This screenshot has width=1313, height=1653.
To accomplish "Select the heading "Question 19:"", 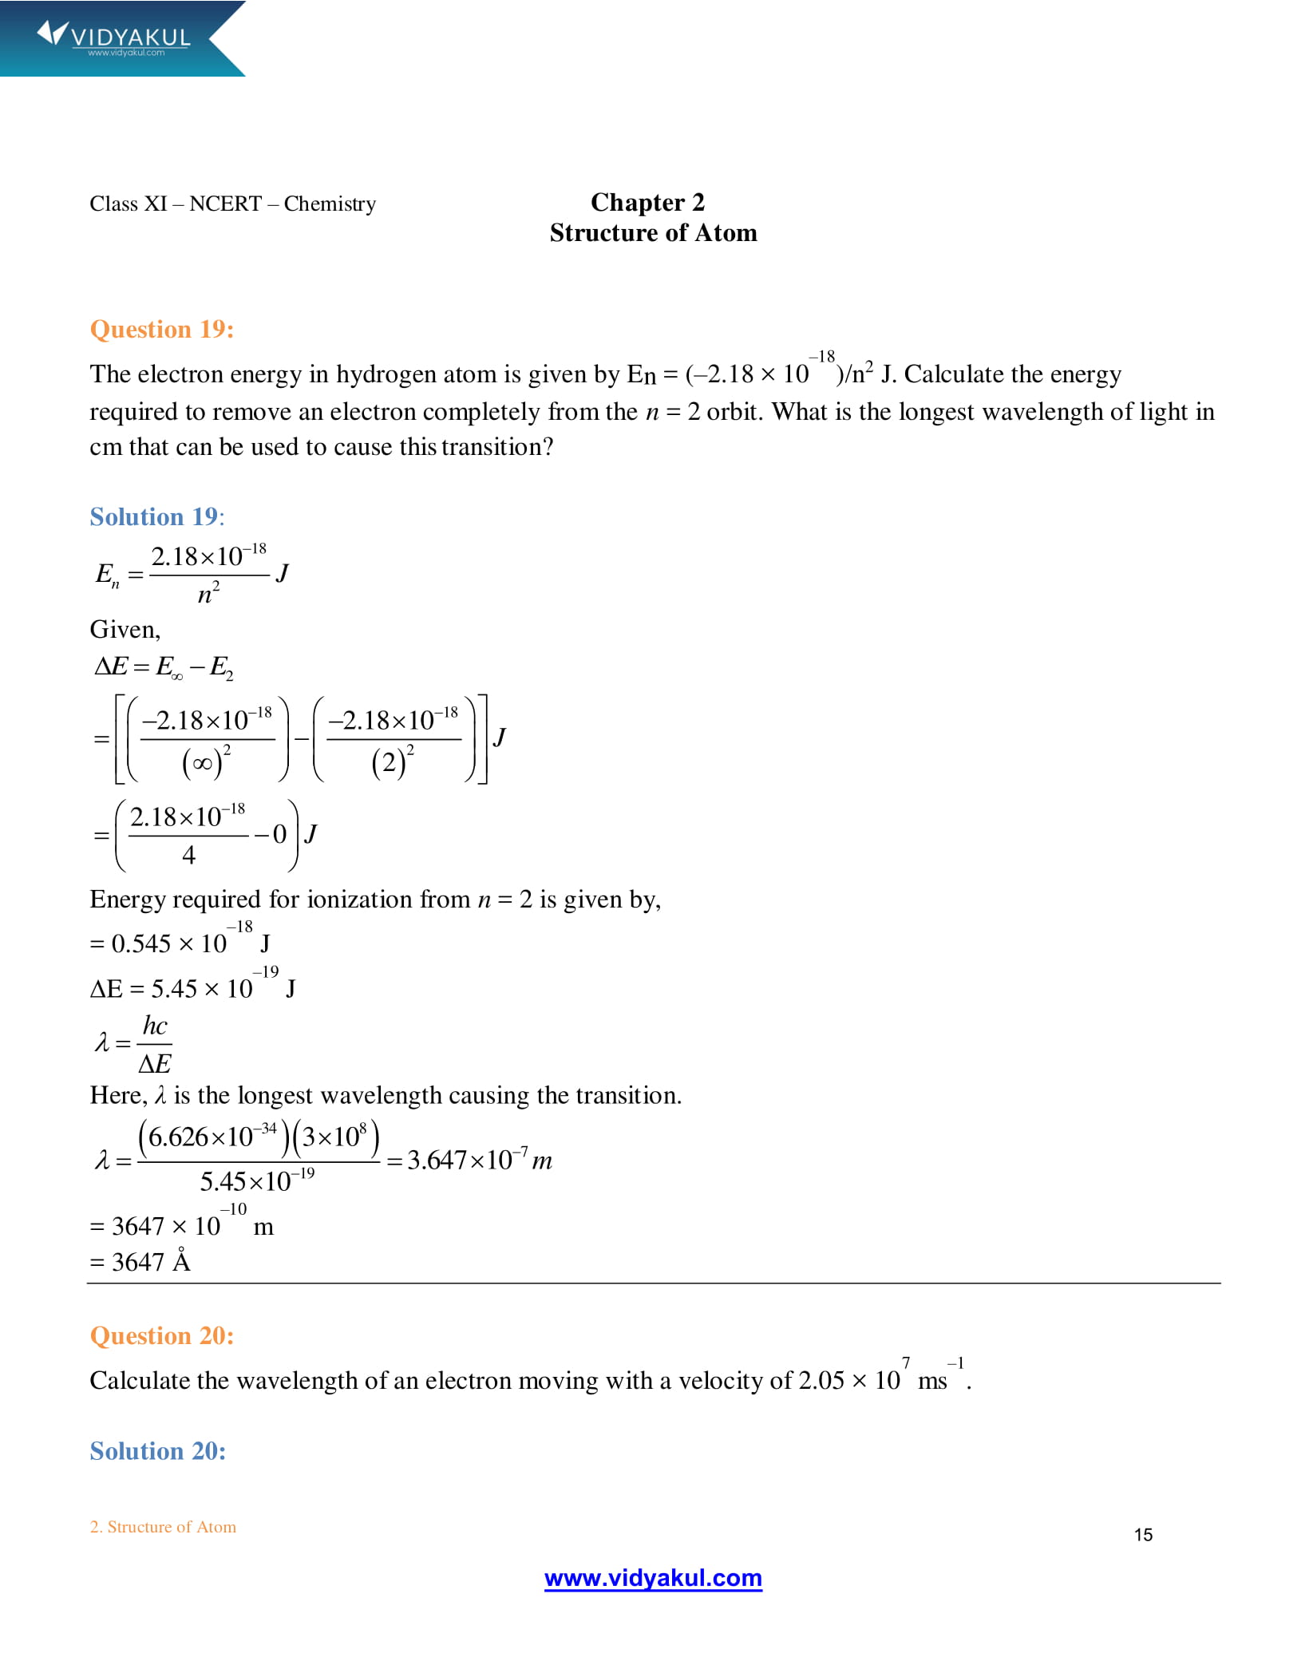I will pos(162,330).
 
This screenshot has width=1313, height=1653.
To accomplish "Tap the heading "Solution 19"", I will pos(156,517).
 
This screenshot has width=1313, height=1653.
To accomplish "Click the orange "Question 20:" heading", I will pos(162,1336).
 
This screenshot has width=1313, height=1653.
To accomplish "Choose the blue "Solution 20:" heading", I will pos(158,1451).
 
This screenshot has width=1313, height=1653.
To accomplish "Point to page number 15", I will pos(1143,1535).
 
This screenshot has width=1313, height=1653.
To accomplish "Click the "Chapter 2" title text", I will pos(647,203).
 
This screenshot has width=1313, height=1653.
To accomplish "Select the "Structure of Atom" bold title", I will pos(653,233).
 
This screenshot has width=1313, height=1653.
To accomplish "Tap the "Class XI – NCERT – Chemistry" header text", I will pos(232,204).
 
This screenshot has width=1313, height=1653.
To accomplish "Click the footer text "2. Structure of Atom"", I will pos(163,1527).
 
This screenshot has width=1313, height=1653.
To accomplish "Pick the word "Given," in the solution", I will pos(125,630).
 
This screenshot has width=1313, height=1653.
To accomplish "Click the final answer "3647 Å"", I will pos(152,1262).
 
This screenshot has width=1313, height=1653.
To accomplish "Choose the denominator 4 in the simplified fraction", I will pos(188,856).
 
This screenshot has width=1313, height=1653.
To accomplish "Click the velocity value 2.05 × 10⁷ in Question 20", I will pos(852,1380).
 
